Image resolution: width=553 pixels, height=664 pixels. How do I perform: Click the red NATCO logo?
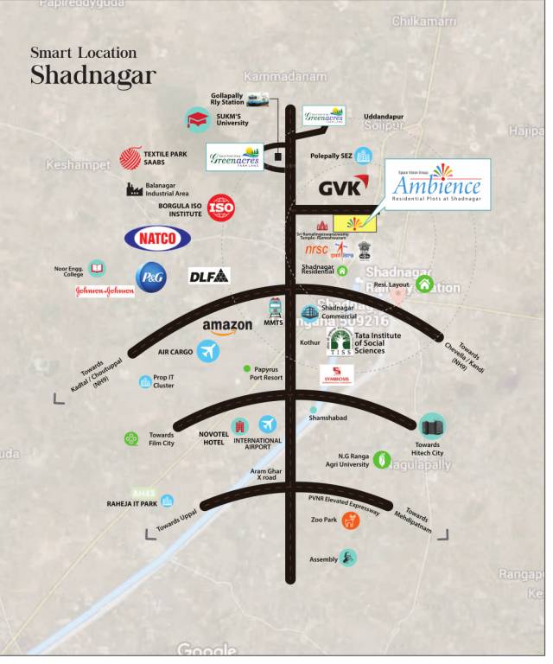[157, 238]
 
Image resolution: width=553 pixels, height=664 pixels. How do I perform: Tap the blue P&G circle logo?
[150, 276]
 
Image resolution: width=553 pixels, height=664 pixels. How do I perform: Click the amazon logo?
[227, 326]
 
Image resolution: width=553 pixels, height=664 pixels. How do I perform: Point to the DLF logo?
[209, 276]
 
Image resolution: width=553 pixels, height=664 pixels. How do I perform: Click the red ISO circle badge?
[221, 207]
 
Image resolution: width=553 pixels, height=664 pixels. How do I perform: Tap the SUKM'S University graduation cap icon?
[198, 119]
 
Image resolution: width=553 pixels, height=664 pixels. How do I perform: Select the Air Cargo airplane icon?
[207, 351]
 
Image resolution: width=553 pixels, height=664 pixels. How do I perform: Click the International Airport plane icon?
[268, 425]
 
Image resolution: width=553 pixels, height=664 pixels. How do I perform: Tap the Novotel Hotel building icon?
[240, 425]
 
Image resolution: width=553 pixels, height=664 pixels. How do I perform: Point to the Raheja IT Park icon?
[167, 501]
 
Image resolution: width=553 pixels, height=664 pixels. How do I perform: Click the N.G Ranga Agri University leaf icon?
[382, 460]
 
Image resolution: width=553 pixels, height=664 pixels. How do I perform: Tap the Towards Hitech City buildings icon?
[431, 425]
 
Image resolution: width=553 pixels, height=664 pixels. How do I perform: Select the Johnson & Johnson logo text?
[105, 291]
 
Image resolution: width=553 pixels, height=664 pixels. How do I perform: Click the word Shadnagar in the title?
[93, 75]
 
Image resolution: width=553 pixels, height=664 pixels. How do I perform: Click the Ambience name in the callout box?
[436, 186]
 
